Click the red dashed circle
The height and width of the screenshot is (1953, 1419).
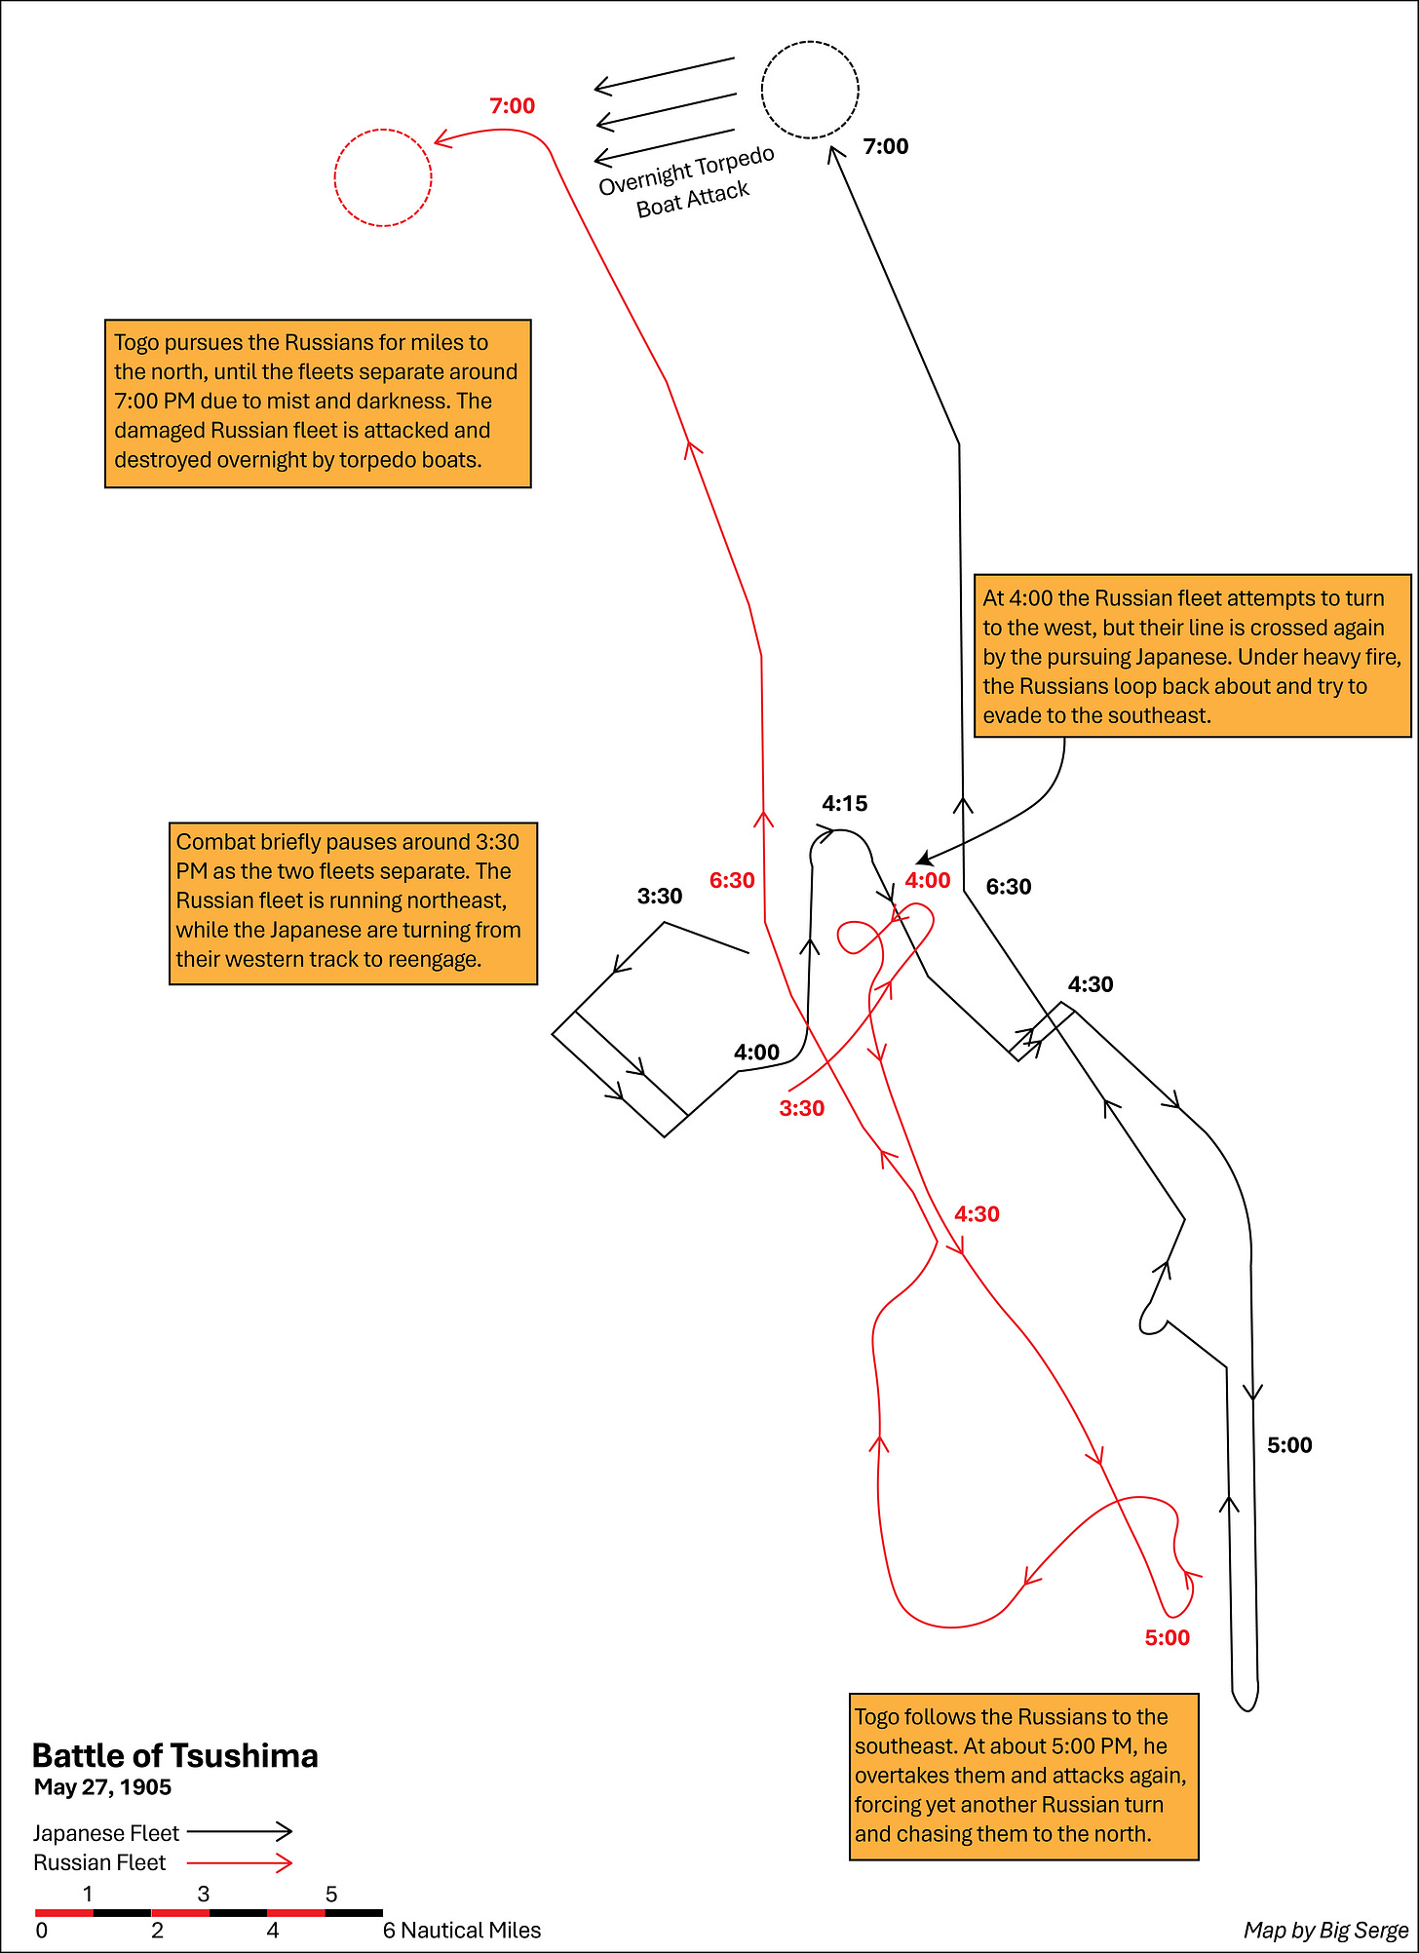[x=383, y=177]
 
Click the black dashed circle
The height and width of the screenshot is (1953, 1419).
[x=810, y=90]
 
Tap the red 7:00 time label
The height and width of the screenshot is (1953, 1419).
[x=512, y=105]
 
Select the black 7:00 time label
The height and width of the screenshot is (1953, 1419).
[x=885, y=146]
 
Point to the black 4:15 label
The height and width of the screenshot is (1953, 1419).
[x=844, y=803]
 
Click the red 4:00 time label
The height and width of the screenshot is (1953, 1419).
[x=927, y=880]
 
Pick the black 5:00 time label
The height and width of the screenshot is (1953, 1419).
[x=1288, y=1444]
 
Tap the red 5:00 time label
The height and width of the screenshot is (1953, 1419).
[x=1167, y=1637]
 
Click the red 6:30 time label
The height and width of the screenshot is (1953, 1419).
[x=732, y=880]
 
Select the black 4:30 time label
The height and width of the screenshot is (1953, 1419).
[x=1090, y=984]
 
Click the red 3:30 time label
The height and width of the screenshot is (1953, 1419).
[x=801, y=1108]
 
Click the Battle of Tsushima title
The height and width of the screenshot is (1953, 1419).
[x=175, y=1755]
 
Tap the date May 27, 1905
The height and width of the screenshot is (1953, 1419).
[x=102, y=1786]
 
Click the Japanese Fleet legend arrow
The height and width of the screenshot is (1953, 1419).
[x=240, y=1832]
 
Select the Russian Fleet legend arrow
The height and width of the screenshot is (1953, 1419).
[x=240, y=1862]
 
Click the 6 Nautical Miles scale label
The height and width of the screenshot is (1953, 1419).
[x=461, y=1930]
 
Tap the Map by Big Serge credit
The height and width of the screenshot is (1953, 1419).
[x=1325, y=1930]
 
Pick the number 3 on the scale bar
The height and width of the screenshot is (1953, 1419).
[x=203, y=1894]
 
